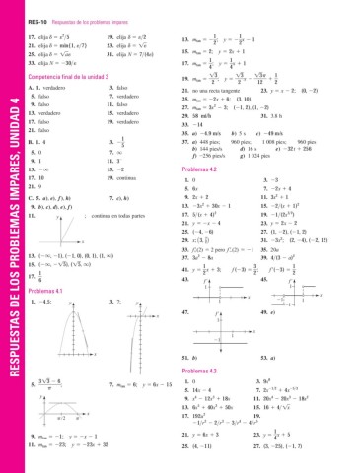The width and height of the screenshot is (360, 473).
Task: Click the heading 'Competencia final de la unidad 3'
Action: click(x=72, y=75)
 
